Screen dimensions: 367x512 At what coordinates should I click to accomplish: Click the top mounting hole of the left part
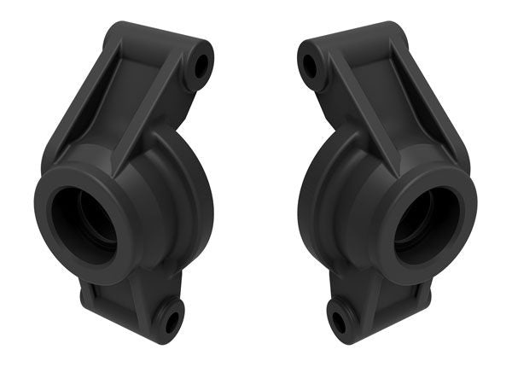coord(202,63)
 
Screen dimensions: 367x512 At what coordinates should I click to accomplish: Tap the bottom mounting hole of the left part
coord(172,323)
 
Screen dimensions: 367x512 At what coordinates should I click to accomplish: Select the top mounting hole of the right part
coord(309,64)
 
